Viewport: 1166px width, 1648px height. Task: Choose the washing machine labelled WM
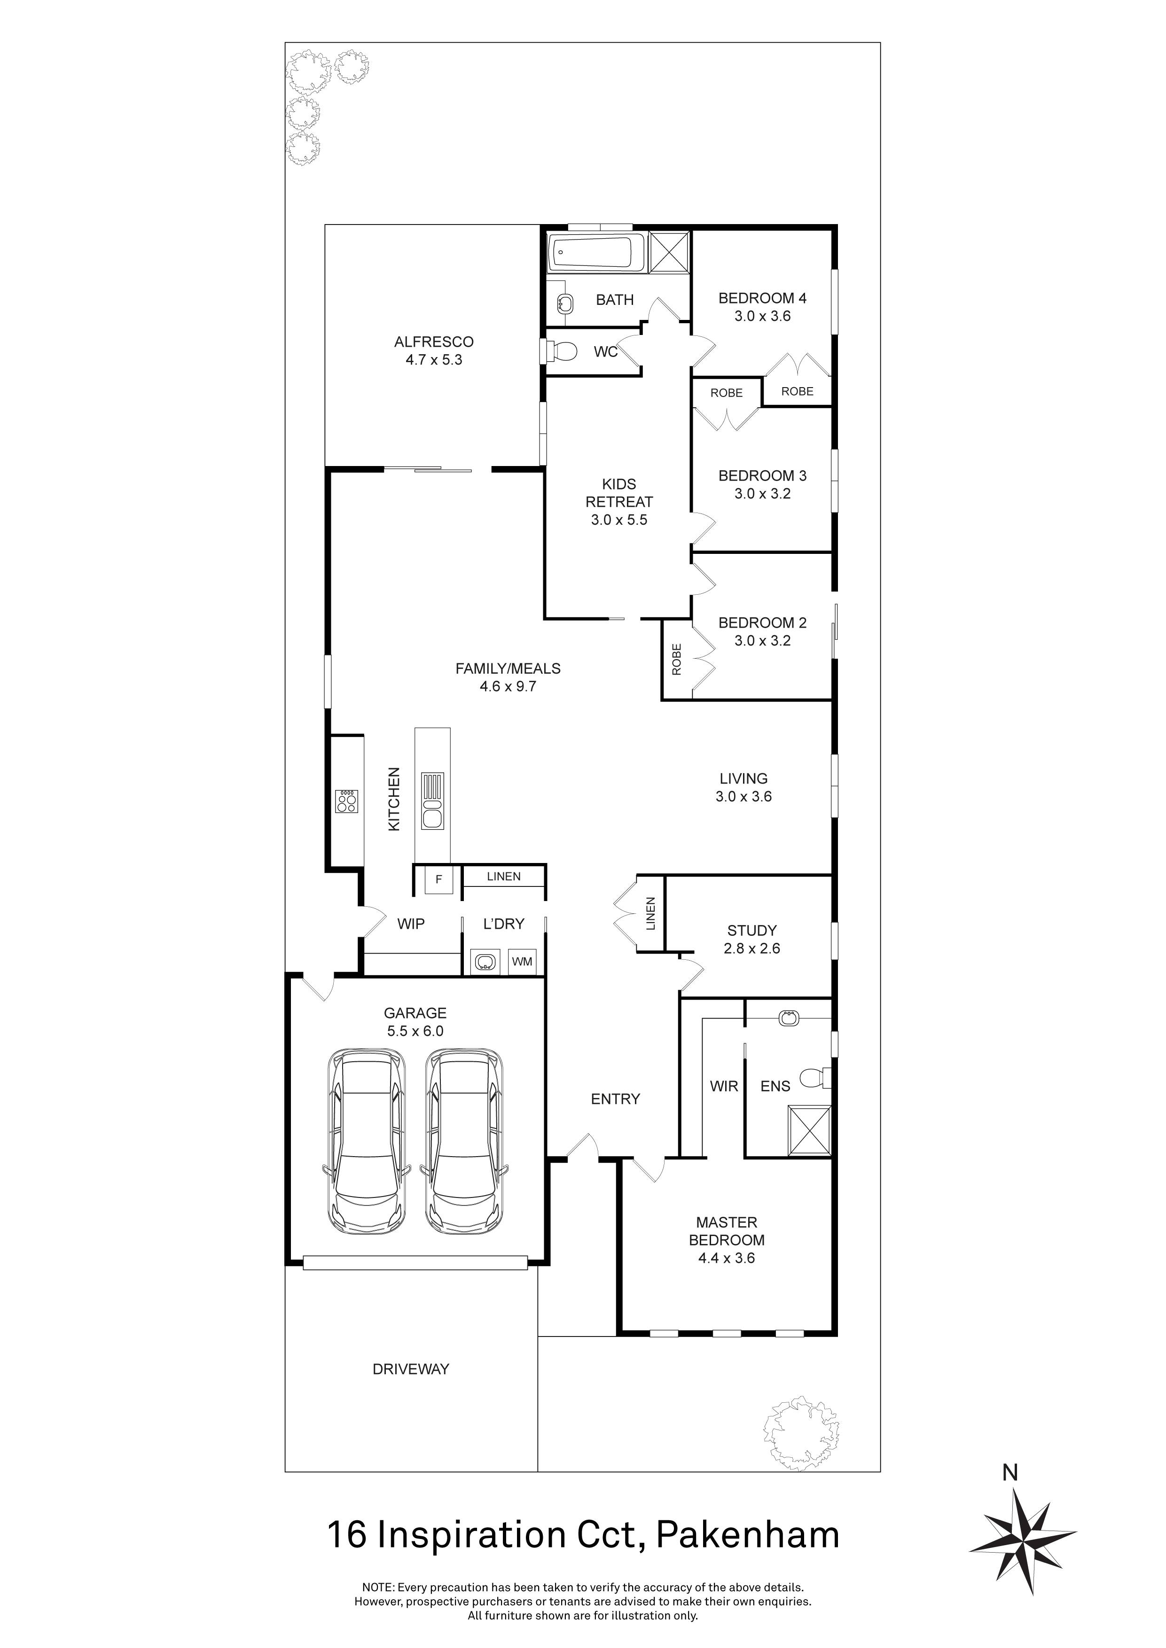522,962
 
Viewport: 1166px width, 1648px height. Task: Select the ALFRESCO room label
434,342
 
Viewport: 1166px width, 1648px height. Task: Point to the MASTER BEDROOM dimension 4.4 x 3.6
727,1258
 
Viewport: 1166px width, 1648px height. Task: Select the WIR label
724,1086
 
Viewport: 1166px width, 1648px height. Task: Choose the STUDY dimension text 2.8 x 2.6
752,948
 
